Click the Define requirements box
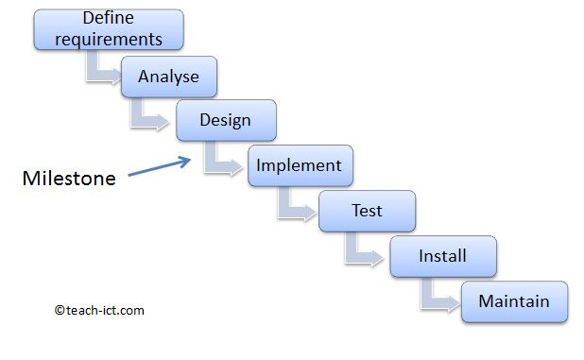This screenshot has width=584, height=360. click(x=109, y=29)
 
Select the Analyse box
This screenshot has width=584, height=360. click(x=169, y=77)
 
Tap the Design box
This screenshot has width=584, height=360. click(x=226, y=120)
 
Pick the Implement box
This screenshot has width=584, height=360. click(x=300, y=165)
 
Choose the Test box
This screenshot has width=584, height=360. click(x=367, y=210)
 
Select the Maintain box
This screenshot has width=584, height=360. click(x=514, y=301)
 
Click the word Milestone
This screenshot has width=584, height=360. click(x=69, y=178)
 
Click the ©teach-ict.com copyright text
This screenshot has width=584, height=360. click(x=99, y=309)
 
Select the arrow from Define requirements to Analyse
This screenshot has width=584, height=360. click(x=102, y=67)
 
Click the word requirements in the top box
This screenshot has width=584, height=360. click(x=109, y=39)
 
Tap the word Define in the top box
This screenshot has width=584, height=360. click(x=109, y=18)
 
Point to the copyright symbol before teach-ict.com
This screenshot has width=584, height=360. click(x=59, y=310)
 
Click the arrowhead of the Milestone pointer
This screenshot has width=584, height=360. click(x=187, y=160)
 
